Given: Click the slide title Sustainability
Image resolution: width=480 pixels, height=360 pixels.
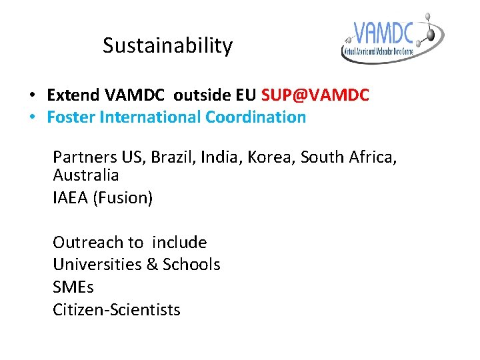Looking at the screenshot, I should [167, 46].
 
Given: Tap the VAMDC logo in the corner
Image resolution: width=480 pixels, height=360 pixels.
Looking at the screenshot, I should [392, 38].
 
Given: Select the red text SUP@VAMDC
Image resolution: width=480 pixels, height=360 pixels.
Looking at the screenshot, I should [315, 95].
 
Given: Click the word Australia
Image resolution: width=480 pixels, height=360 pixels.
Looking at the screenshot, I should [86, 175].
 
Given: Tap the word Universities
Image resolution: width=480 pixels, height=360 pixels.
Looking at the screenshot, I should [96, 265].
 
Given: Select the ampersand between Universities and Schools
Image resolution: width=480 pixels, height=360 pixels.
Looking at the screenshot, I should [151, 265].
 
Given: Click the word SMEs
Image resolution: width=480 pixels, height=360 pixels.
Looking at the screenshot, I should [73, 287].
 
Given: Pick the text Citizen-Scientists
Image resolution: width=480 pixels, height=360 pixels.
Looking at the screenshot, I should [117, 310].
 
